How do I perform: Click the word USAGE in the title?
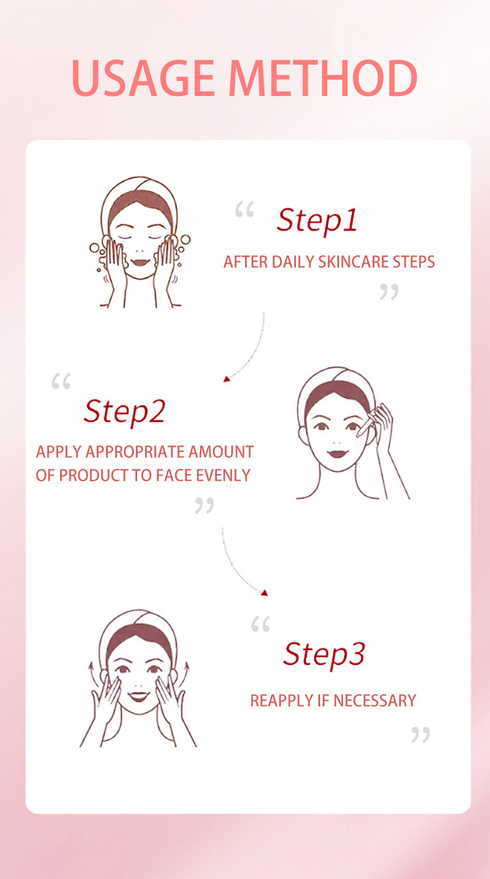coord(143,78)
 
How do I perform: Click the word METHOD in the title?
coord(323,78)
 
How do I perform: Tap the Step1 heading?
coord(317,221)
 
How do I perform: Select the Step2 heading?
coord(125,412)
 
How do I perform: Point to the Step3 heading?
coord(324,654)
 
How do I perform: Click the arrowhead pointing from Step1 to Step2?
coord(226,379)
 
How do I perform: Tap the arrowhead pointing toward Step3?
coord(265,592)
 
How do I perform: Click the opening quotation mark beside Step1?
coord(244,209)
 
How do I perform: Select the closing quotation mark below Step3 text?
coord(421,735)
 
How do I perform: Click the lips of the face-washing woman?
coord(140,262)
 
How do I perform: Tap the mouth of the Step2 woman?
coord(338,454)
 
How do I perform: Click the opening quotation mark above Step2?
coord(61,381)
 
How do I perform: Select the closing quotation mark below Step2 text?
coord(204,505)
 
